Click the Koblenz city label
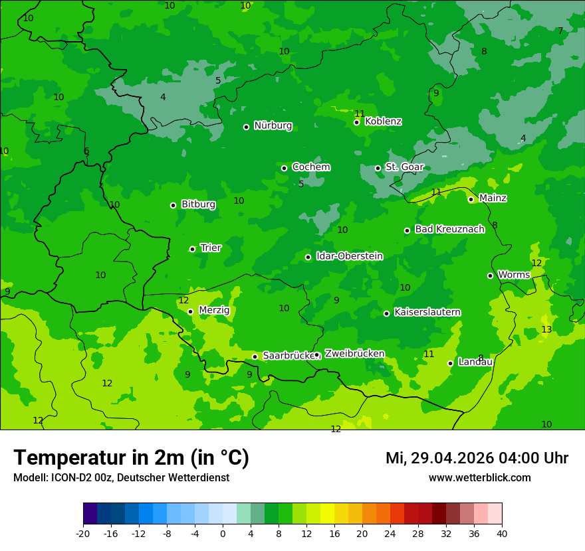(384, 121)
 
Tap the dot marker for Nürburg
(246, 127)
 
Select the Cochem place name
(311, 167)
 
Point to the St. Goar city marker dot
(378, 168)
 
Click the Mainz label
(493, 198)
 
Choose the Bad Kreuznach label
(449, 229)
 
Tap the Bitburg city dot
(173, 205)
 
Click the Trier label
(211, 248)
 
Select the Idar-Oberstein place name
(349, 256)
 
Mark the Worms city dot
(490, 275)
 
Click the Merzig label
(214, 311)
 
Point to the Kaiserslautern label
(427, 312)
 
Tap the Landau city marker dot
(450, 363)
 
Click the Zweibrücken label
(354, 354)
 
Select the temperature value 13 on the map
(546, 330)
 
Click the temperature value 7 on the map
(560, 31)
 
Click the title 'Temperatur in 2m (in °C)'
(131, 458)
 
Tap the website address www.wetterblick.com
(479, 478)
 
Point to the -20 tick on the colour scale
(83, 533)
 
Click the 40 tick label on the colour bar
(502, 533)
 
